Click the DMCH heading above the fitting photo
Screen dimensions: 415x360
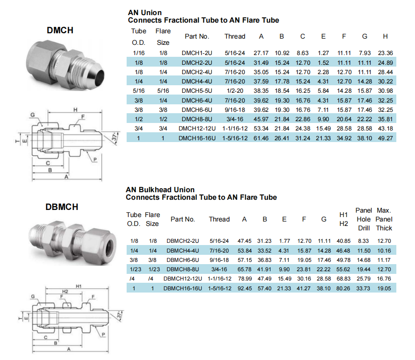[60, 30]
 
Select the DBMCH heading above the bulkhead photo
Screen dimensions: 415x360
[62, 207]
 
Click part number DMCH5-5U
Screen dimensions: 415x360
[197, 91]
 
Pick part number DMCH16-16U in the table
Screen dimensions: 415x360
[197, 138]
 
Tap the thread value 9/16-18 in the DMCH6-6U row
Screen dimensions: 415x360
[235, 110]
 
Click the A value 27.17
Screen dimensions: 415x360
[261, 53]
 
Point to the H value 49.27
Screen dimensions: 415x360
[385, 138]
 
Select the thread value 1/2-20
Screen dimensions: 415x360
[235, 91]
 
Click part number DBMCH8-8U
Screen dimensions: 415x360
[183, 269]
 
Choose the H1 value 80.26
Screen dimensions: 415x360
[343, 289]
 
